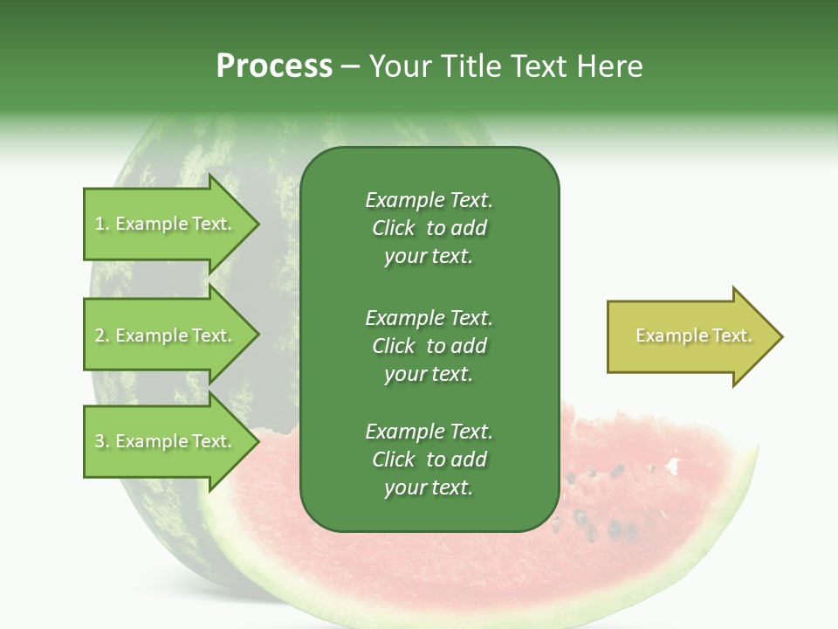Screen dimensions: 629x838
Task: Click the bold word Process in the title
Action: pos(274,66)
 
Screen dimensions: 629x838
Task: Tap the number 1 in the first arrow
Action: pos(100,225)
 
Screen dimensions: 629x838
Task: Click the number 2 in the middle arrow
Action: pos(100,336)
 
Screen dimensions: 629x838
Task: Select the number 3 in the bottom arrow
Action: pos(100,442)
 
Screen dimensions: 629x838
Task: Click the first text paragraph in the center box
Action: pos(429,228)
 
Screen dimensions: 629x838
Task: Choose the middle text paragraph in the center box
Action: pos(429,346)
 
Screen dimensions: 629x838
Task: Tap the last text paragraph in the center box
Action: pos(429,460)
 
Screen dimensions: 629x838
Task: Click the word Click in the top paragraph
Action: pos(394,229)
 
